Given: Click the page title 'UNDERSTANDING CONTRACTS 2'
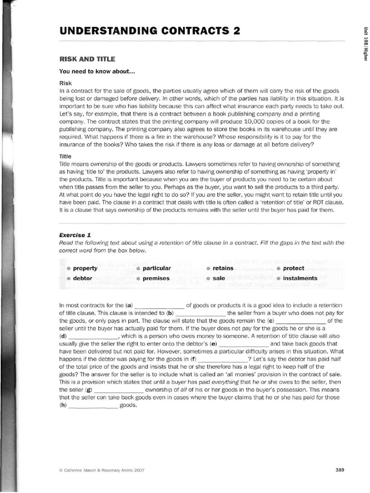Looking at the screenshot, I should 149,31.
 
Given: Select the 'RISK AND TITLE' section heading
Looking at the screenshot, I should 87,59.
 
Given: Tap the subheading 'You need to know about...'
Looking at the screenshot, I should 97,72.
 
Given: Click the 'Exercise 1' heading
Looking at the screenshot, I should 75,235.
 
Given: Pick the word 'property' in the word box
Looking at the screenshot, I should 85,268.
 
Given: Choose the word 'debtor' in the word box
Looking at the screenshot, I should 82,278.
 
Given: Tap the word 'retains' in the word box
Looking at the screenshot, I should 223,268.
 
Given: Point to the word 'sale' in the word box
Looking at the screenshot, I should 219,278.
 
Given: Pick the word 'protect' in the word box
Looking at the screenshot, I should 293,268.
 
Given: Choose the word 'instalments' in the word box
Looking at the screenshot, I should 300,278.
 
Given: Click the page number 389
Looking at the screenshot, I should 340,470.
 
